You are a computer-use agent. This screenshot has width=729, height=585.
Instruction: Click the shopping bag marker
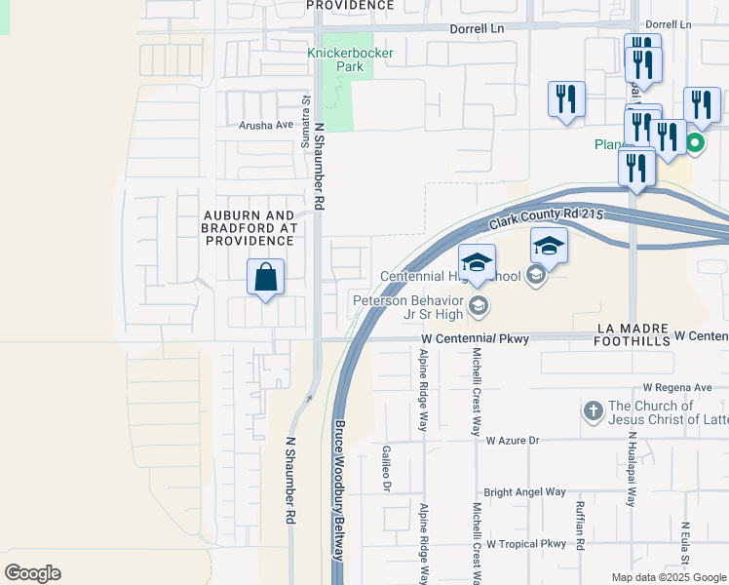tap(266, 278)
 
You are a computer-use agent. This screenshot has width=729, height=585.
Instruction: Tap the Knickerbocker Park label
tap(335, 59)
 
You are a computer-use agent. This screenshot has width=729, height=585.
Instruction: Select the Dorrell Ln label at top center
tap(475, 29)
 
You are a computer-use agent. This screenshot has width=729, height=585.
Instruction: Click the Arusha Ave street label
tap(266, 125)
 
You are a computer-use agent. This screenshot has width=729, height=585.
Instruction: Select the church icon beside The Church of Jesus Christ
tap(594, 411)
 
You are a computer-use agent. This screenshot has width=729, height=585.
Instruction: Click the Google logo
tap(33, 573)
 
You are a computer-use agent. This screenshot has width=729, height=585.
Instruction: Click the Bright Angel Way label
tap(524, 492)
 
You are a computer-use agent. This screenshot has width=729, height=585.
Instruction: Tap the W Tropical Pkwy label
tap(526, 543)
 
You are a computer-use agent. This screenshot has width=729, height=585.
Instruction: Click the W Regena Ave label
tap(677, 387)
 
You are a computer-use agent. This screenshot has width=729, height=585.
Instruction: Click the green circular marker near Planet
tap(695, 144)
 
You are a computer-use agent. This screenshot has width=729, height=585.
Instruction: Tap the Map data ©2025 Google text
tap(668, 576)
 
